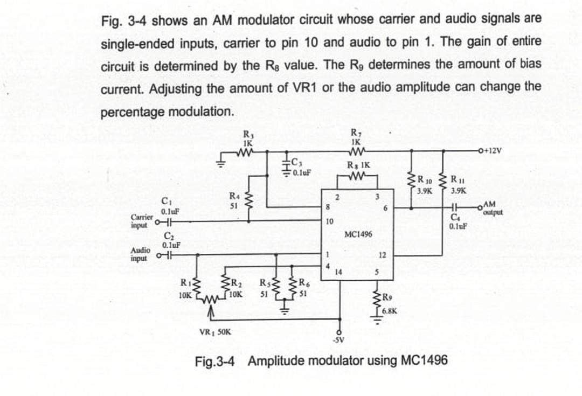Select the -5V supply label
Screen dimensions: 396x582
[x=338, y=340]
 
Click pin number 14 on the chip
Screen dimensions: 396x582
[x=338, y=271]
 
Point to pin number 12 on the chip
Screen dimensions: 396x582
[x=382, y=254]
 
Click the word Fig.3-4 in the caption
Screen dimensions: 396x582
[x=216, y=360]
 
